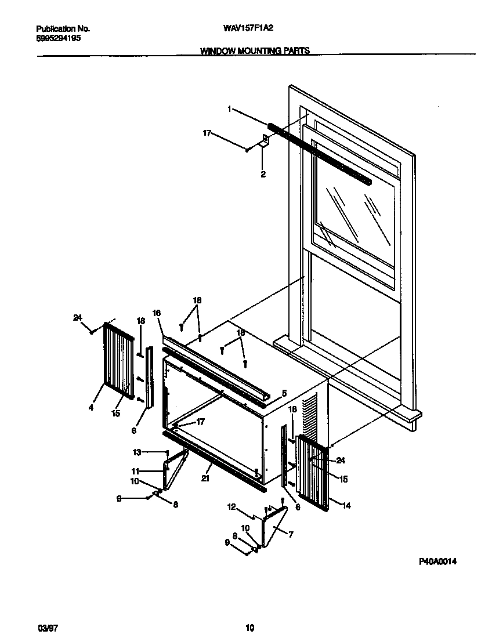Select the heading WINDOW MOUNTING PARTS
point(255,51)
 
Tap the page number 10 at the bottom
point(249,628)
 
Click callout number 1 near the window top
point(230,108)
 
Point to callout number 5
point(284,393)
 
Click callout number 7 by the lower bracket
point(291,535)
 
